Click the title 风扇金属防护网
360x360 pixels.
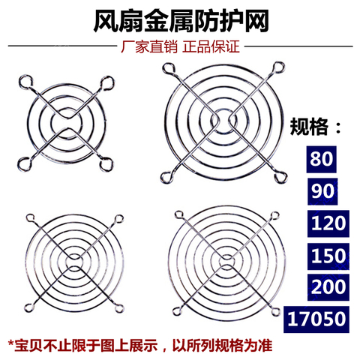pyautogui.click(x=179, y=20)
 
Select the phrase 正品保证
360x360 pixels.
pyautogui.click(x=211, y=48)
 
